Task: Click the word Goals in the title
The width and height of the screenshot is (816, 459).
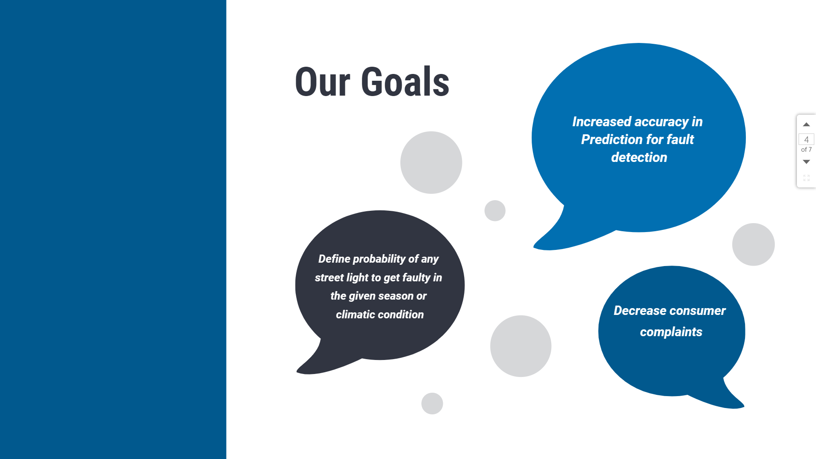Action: tap(405, 82)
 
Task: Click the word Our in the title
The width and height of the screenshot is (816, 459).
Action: tap(323, 82)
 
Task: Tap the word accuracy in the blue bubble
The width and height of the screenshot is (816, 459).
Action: tap(661, 122)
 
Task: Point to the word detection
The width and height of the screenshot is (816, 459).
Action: tap(639, 157)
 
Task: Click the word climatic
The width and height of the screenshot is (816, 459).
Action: tap(355, 314)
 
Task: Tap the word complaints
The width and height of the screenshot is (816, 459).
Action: tap(671, 332)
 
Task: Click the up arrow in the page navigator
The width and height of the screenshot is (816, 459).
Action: tap(806, 125)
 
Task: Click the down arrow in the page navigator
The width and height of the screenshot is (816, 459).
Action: tap(806, 162)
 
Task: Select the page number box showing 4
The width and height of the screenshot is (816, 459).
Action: tap(806, 139)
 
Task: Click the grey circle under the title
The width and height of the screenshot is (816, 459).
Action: tap(431, 162)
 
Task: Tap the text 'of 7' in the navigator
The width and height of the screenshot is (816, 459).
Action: tap(806, 150)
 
